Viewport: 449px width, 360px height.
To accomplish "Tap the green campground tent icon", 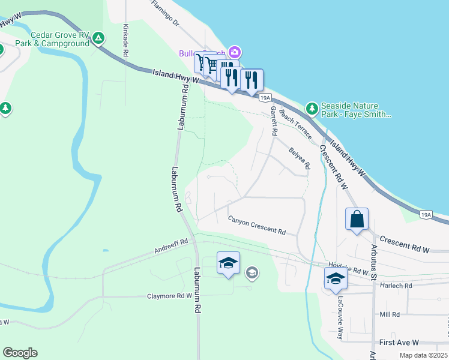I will (100, 39).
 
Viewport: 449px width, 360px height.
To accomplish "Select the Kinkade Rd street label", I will (125, 40).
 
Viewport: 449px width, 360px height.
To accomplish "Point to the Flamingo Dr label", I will (166, 14).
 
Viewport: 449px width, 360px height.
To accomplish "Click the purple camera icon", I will (235, 53).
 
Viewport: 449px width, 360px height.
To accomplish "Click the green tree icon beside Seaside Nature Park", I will (312, 109).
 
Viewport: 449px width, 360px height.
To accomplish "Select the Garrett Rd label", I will (274, 120).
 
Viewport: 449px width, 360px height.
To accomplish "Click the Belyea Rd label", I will (299, 157).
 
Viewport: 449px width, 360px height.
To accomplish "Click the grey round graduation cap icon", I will (252, 274).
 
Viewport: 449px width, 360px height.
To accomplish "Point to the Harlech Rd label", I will (400, 286).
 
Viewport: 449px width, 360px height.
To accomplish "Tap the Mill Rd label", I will (390, 314).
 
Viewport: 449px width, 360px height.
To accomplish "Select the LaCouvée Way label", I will (340, 318).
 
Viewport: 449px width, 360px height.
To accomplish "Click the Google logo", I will (20, 353).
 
